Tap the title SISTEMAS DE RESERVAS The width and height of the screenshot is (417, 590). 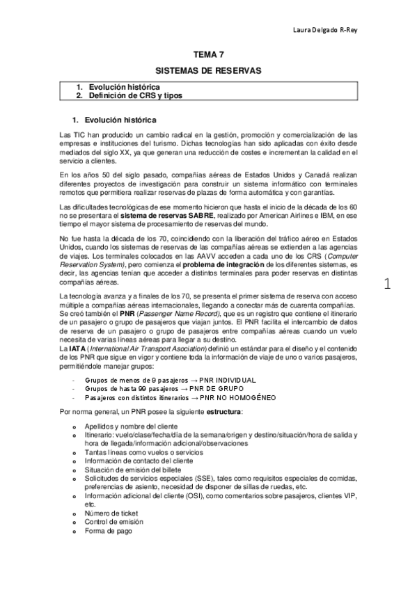[x=208, y=71]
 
